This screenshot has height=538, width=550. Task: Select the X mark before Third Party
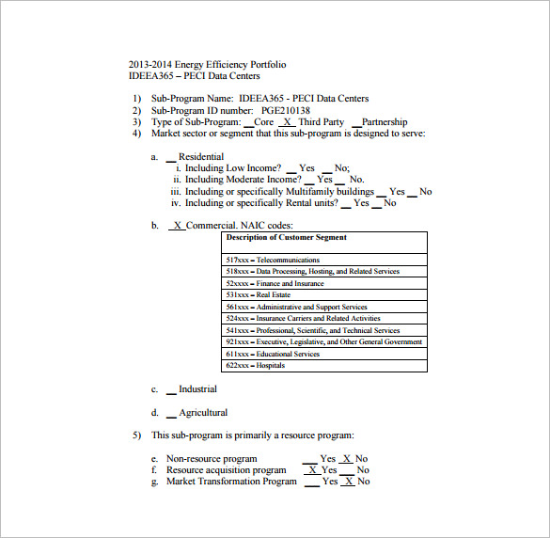pos(287,122)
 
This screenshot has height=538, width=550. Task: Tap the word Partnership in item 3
pos(385,122)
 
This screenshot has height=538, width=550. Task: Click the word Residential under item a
pos(201,157)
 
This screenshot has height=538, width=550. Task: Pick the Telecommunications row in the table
pos(273,260)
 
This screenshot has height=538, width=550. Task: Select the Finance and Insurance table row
pos(275,283)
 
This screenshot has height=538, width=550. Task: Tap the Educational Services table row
pos(273,354)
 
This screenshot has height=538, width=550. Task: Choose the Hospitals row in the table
pos(255,366)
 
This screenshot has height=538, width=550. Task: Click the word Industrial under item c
pos(197,389)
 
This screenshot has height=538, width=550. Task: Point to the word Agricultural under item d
pos(203,413)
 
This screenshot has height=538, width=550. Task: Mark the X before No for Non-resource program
pos(346,459)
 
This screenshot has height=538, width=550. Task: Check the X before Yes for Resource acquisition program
pos(311,470)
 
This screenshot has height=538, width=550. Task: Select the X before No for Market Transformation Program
pos(348,482)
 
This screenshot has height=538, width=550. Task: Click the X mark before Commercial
pos(177,226)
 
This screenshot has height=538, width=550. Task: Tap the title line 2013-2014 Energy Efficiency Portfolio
pos(208,65)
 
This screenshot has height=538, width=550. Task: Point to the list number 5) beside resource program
pos(136,435)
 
